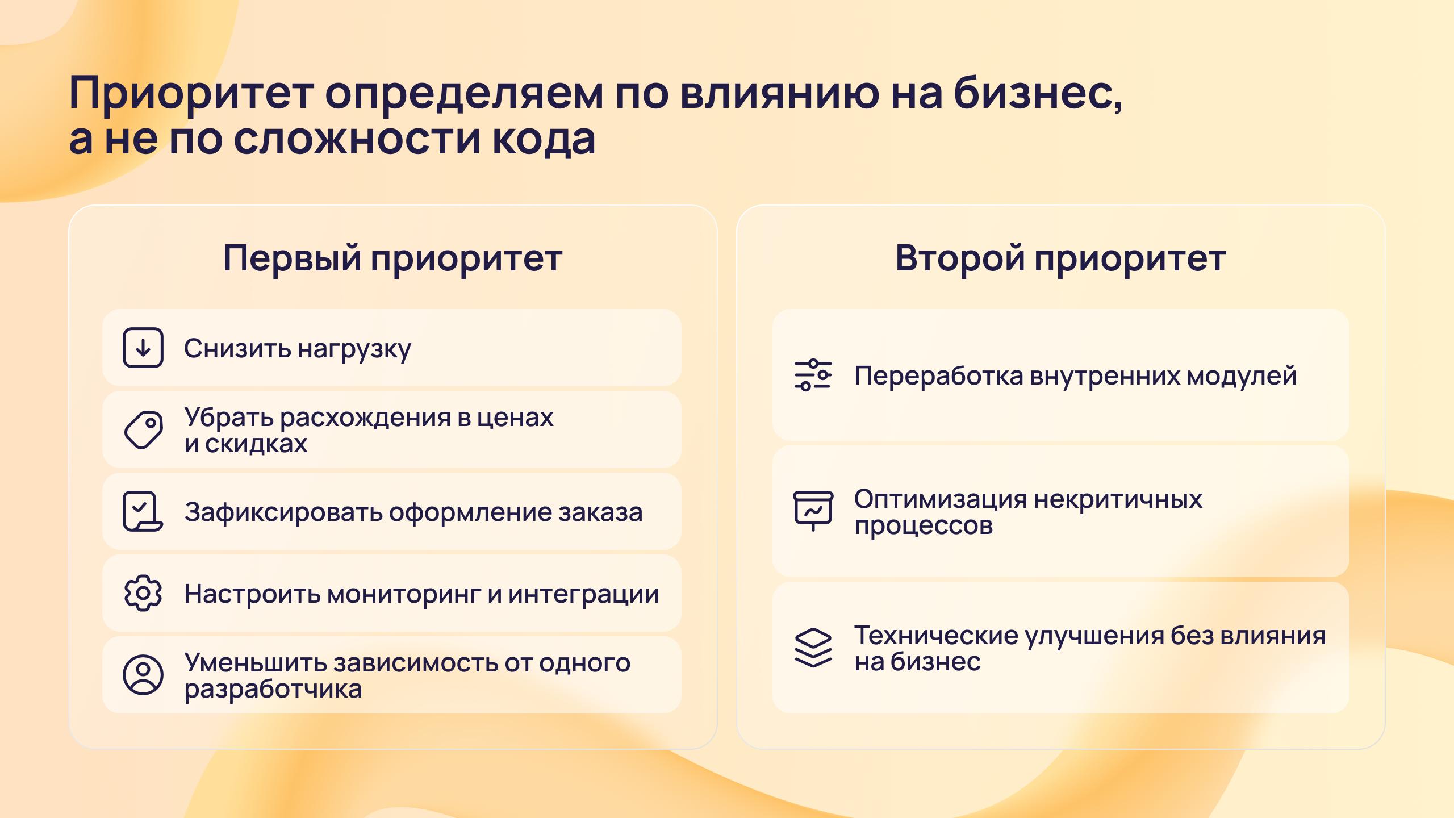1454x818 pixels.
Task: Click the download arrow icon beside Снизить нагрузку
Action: [143, 348]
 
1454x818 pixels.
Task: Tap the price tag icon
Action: [143, 430]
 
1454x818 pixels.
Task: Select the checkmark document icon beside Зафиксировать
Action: [143, 511]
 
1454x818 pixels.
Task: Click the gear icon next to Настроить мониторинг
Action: [143, 593]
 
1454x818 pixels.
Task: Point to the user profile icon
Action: [143, 675]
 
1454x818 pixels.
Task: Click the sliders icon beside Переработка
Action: [813, 375]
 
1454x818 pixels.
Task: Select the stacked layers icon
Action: [813, 648]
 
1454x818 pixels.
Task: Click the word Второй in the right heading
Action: [959, 258]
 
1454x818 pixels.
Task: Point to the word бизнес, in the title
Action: [1038, 93]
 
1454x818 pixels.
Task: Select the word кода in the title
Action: [544, 139]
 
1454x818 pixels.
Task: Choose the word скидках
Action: [256, 444]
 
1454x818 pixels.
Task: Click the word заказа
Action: [601, 513]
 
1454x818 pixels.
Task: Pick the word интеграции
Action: [583, 595]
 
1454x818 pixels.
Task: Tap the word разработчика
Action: [273, 690]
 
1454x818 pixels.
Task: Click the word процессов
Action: [924, 527]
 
